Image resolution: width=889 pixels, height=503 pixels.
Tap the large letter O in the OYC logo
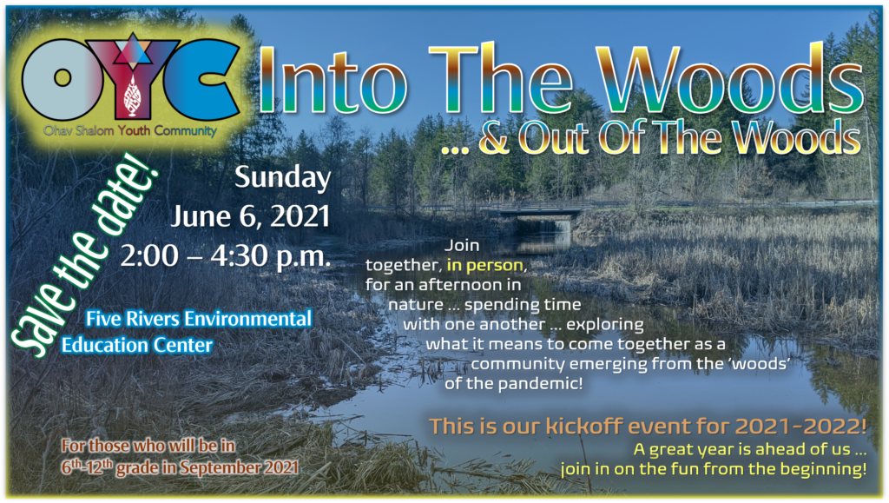click(x=63, y=78)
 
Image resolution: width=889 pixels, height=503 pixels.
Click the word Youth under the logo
click(x=135, y=131)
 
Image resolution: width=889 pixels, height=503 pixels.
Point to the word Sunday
click(x=282, y=178)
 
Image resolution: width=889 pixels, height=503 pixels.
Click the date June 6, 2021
click(x=251, y=216)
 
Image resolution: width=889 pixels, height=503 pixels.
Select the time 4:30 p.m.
click(x=271, y=255)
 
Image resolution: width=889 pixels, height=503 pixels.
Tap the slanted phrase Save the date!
click(x=84, y=255)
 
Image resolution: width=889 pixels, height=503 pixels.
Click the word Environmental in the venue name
click(x=247, y=319)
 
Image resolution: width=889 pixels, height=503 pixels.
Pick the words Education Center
click(x=137, y=345)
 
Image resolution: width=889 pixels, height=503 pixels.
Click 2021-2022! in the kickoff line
click(x=800, y=426)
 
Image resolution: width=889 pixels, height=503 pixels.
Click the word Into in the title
click(x=333, y=81)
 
